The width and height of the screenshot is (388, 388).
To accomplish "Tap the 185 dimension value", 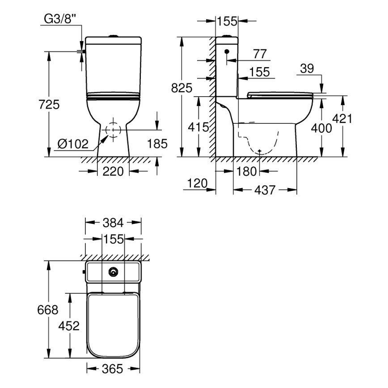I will [x=157, y=143].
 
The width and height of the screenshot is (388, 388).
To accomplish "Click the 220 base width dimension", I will [x=114, y=171].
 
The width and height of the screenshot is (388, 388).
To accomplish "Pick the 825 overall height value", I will [x=181, y=88].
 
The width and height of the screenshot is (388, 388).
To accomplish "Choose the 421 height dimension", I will [x=343, y=118].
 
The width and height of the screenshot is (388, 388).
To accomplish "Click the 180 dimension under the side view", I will [x=246, y=171].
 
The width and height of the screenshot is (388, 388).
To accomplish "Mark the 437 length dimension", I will [x=265, y=190].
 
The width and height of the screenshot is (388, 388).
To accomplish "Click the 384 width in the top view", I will [x=114, y=222].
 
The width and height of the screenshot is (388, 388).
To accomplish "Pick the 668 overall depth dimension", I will [x=48, y=309].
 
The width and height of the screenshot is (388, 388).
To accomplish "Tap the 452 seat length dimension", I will [x=69, y=325].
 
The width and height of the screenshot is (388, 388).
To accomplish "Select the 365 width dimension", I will [x=114, y=369].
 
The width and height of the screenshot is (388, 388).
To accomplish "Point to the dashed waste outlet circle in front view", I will [x=114, y=130].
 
